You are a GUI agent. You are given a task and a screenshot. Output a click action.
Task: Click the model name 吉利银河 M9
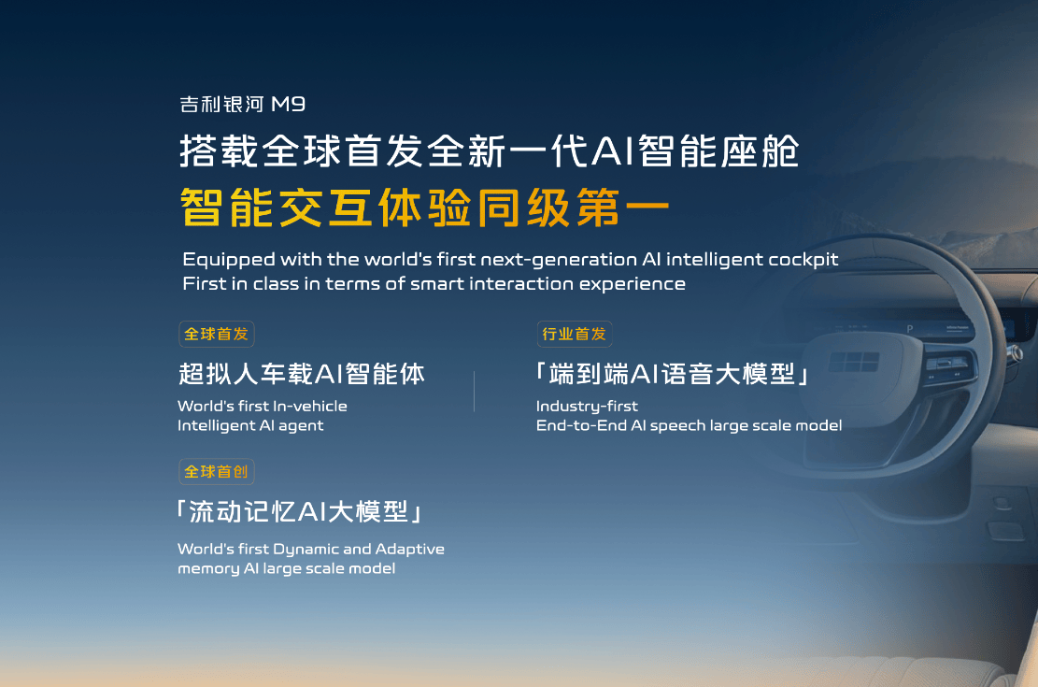click(242, 104)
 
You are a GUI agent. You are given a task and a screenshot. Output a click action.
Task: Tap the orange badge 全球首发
click(217, 334)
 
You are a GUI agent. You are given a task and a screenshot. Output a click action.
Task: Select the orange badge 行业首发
click(574, 334)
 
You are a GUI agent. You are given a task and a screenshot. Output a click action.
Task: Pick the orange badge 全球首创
click(217, 472)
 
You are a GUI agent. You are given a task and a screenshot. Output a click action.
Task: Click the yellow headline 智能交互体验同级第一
click(425, 208)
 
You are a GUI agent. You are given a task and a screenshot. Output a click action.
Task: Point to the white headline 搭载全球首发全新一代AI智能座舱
click(490, 151)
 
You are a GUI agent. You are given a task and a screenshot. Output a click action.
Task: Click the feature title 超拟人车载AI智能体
click(302, 374)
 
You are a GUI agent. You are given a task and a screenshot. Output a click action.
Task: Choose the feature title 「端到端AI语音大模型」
click(673, 374)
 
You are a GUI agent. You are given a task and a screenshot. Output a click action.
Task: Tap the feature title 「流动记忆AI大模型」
click(299, 512)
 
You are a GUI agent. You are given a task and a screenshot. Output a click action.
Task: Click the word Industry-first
click(587, 406)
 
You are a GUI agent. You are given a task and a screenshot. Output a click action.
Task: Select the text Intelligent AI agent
click(250, 426)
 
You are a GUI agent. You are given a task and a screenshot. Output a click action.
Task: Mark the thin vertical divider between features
click(474, 392)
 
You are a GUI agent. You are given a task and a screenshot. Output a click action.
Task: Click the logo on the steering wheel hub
click(854, 362)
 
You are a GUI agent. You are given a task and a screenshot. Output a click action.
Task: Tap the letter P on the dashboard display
click(910, 329)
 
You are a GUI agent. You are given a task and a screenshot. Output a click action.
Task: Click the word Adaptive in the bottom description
click(410, 550)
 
